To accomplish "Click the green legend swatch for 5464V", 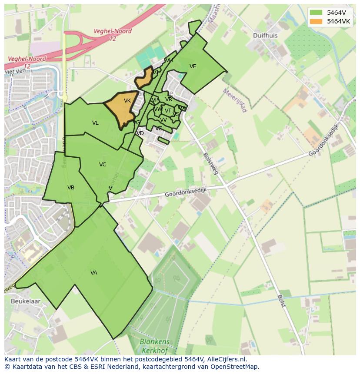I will point(317,13).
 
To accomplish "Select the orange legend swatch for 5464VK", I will point(317,21).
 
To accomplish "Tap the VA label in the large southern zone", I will point(94,273).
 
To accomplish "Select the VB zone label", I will point(71,188).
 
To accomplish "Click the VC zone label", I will point(103,165).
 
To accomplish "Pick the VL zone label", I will point(95,123).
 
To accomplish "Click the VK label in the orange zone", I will point(127,101).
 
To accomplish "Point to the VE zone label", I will point(193,66).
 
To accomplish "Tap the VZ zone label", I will point(159,129).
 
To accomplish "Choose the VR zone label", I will point(169,99).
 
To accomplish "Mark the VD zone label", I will point(140,133).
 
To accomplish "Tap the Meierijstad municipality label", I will point(235,100).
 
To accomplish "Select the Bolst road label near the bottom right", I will point(281,301).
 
